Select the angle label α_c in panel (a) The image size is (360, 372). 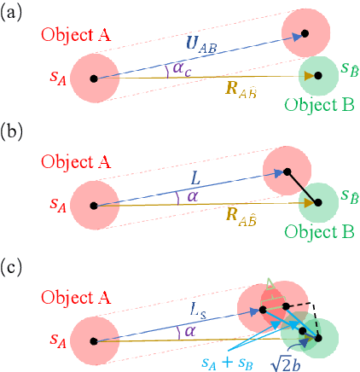click(x=182, y=67)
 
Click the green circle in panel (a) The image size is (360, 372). click(x=322, y=76)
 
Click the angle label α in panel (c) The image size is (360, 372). click(x=181, y=327)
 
